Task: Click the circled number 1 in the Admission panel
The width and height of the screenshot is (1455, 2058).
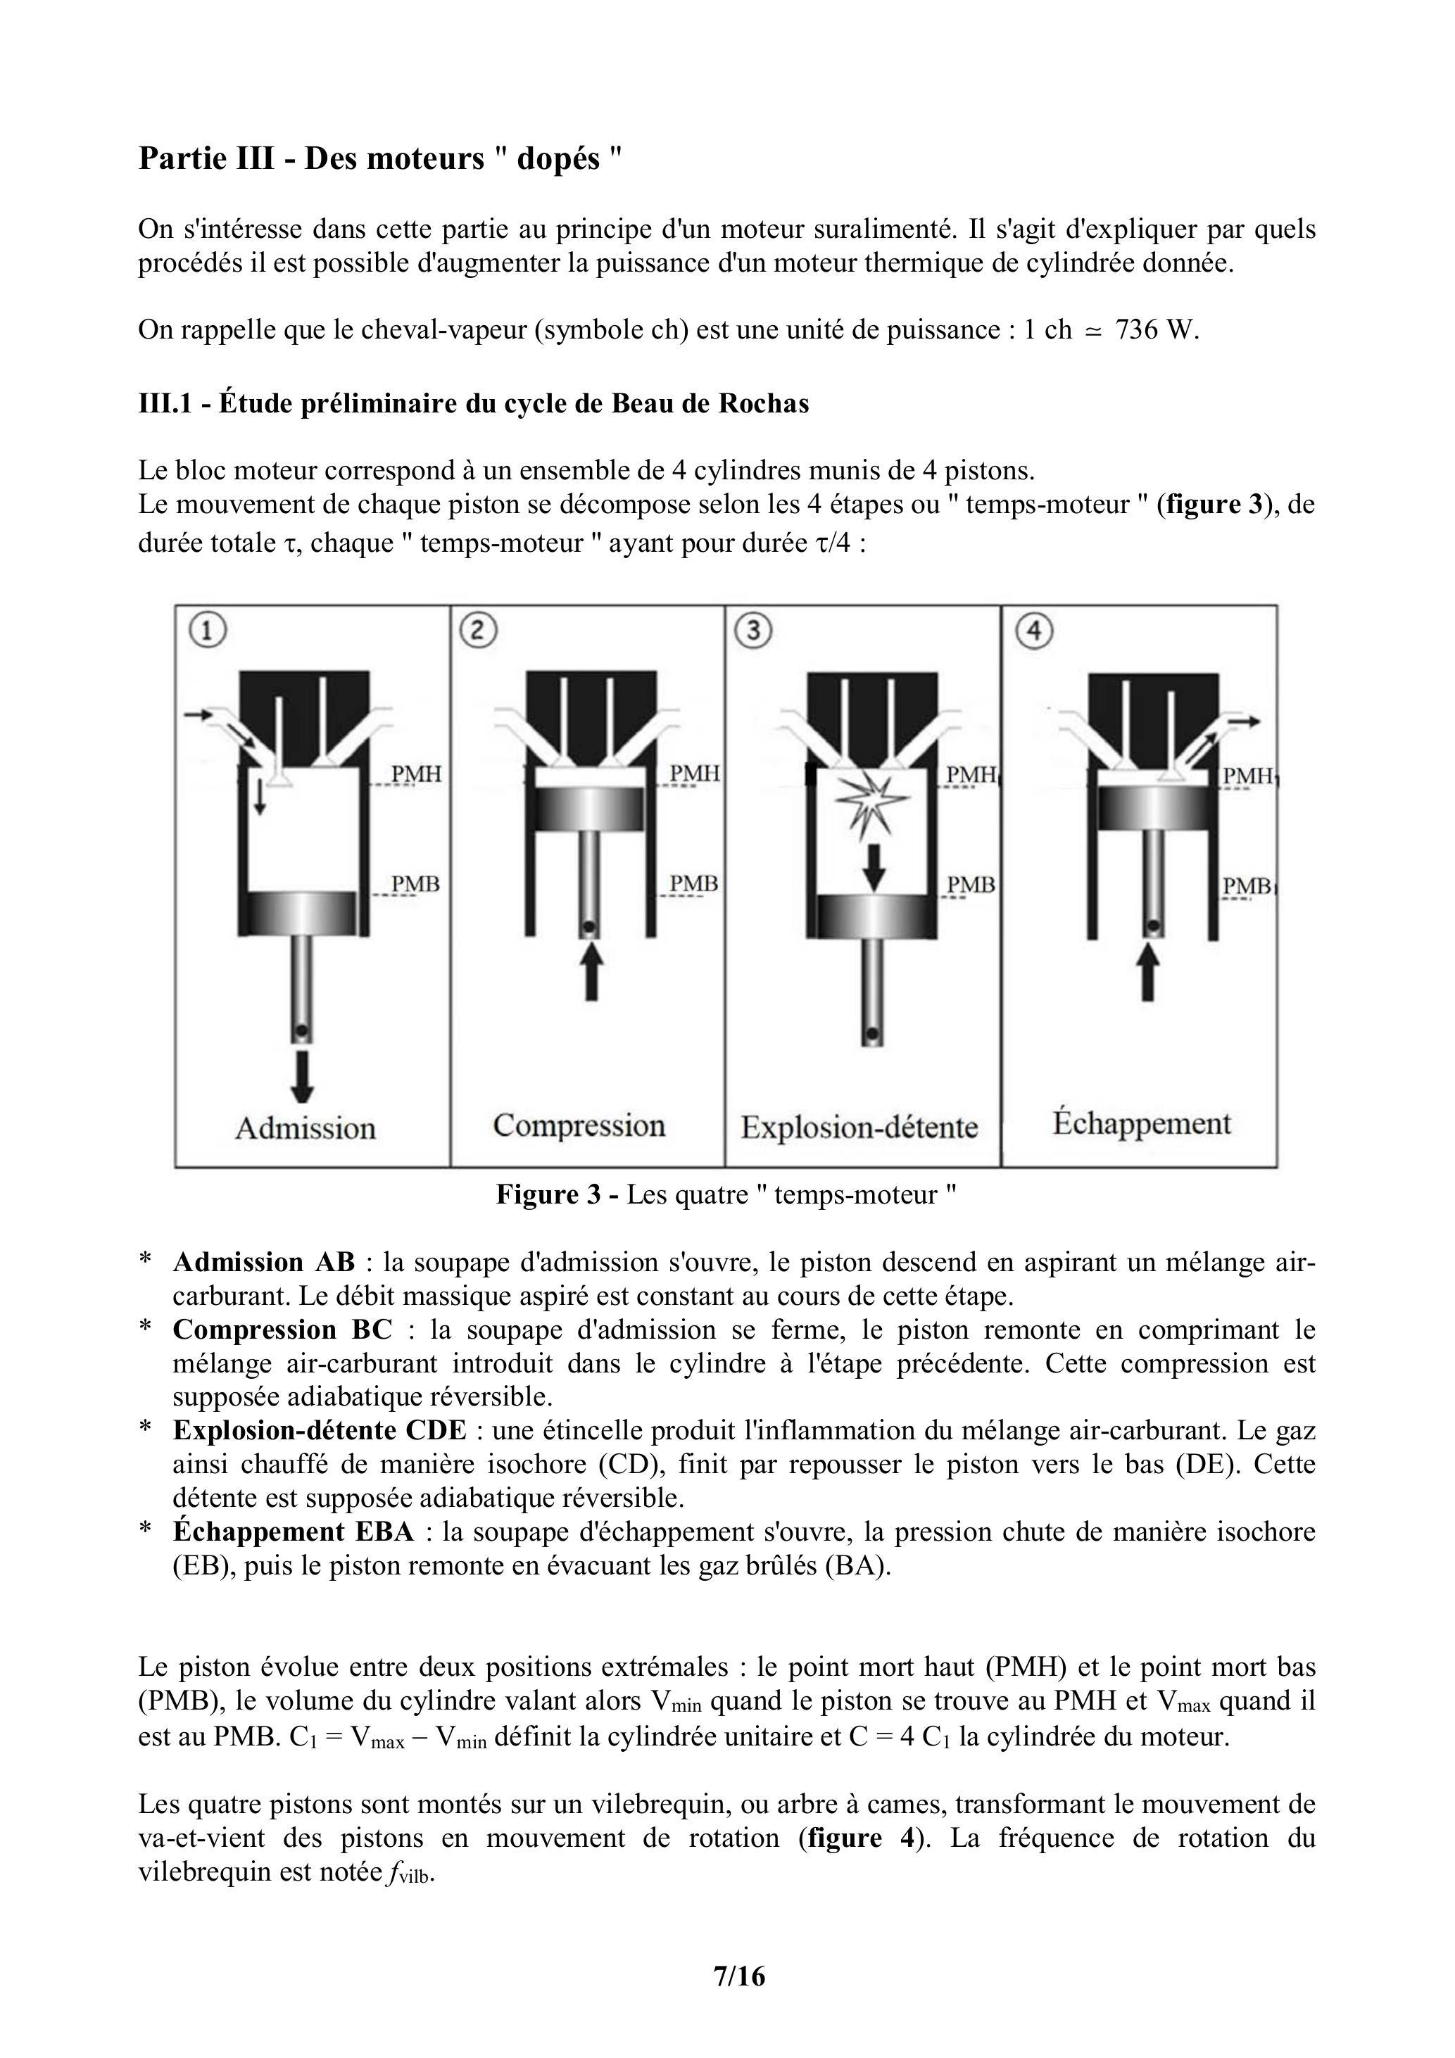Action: tap(207, 631)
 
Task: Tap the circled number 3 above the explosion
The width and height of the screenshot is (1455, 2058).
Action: tap(752, 631)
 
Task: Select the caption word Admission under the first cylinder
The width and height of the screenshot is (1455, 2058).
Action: tap(305, 1128)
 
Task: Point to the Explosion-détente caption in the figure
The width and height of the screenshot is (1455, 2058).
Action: tap(859, 1127)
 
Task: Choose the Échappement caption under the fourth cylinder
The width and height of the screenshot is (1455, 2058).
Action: tap(1141, 1123)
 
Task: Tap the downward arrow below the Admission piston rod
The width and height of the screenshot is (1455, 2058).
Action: tap(302, 1075)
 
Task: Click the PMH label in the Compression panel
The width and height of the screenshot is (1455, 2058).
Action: tap(694, 773)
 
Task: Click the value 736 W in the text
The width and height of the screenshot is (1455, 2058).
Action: tap(1156, 330)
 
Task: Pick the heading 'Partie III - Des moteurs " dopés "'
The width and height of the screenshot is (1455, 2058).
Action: tap(380, 158)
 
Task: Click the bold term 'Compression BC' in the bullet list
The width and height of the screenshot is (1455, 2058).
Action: tap(282, 1330)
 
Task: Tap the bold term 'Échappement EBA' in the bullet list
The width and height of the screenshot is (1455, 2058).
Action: tap(293, 1532)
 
